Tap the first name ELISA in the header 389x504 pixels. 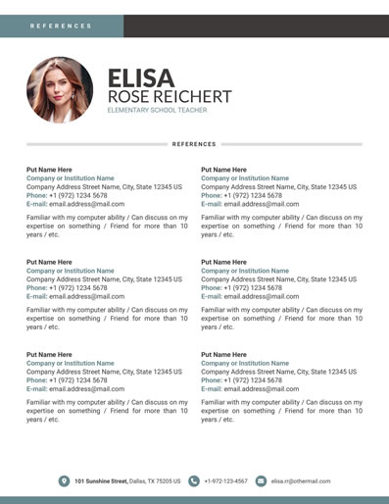[x=140, y=78]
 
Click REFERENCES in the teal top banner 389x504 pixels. [x=61, y=26]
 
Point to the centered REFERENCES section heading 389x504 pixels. [x=194, y=144]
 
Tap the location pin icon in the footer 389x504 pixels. [x=64, y=481]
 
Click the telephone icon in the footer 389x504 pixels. [x=194, y=481]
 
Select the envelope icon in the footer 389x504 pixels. [x=261, y=481]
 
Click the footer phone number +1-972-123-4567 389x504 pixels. [x=226, y=481]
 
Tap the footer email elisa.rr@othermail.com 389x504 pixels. [x=301, y=481]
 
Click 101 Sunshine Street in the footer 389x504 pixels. [x=102, y=481]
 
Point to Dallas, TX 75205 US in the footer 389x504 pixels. [x=155, y=481]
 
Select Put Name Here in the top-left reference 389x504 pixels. [x=49, y=170]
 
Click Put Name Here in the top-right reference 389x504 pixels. [x=223, y=170]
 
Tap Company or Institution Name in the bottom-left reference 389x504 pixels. [x=70, y=363]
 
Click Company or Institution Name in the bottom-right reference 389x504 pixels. [x=245, y=363]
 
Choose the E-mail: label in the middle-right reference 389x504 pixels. [x=213, y=296]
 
